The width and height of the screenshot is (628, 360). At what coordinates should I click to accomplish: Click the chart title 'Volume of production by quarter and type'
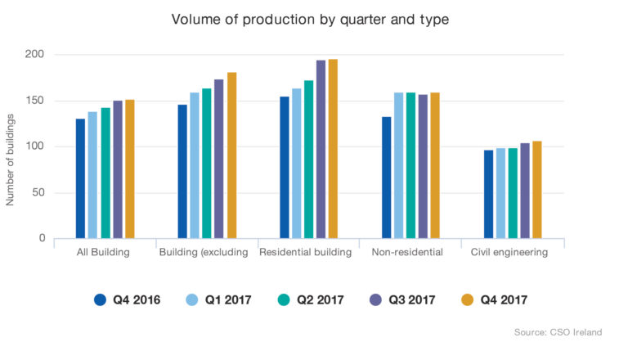coord(310,19)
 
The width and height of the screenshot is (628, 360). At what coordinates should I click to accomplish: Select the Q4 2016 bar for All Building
coord(80,178)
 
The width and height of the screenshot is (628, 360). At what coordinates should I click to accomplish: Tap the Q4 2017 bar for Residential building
coord(333,148)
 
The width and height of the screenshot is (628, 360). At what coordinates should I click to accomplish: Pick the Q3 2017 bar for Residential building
coord(321,149)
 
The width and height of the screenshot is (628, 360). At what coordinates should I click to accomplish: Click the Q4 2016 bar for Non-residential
coord(386,178)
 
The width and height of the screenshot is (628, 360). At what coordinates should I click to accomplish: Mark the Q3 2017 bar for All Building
coord(117,169)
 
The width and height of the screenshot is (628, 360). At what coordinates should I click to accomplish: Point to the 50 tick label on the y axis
coord(37,192)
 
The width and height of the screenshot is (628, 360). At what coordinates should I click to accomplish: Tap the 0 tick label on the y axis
coord(40,238)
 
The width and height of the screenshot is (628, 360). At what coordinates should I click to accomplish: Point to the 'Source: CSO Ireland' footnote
coord(558,332)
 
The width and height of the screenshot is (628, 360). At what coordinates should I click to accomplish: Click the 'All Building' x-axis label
coord(104,252)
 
